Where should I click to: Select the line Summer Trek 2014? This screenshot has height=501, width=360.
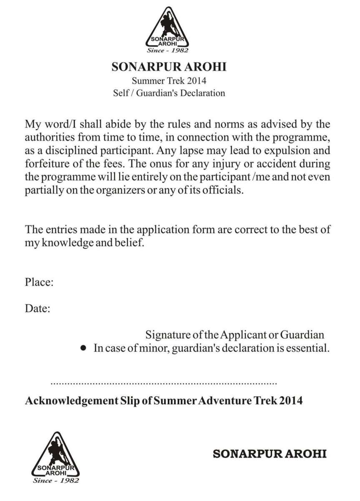coord(169,81)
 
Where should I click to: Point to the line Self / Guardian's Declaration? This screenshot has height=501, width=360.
coord(169,93)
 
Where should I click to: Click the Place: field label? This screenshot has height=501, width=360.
coord(39,283)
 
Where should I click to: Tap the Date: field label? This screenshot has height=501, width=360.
coord(38,309)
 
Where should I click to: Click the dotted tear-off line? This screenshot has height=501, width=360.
coord(164,382)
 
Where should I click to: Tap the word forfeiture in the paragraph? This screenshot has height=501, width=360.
coord(45,163)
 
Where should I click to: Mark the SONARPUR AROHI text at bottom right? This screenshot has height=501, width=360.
coord(269,454)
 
